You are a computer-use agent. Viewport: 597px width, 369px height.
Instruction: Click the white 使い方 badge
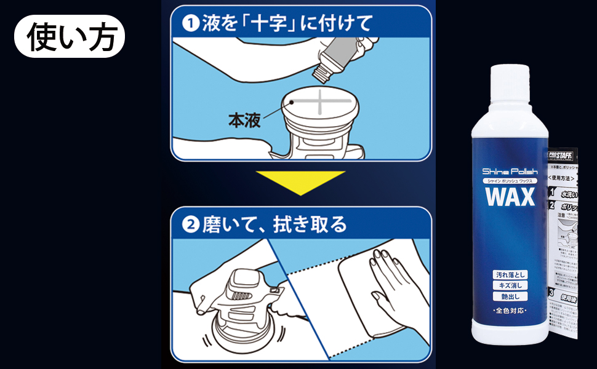69,36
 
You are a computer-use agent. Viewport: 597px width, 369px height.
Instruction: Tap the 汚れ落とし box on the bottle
509,274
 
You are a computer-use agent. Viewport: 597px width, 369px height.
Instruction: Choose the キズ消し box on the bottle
509,285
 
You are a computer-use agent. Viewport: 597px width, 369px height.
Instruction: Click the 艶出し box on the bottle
509,296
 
